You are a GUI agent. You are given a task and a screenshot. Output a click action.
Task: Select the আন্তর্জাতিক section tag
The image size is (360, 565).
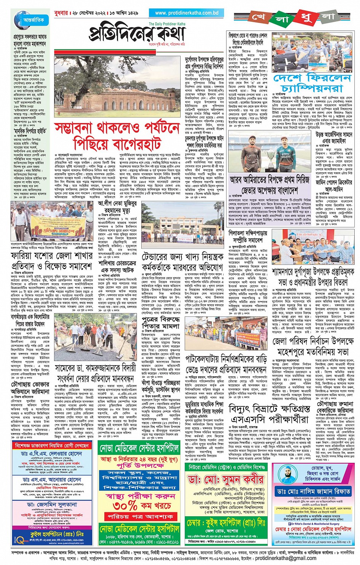coord(34,20)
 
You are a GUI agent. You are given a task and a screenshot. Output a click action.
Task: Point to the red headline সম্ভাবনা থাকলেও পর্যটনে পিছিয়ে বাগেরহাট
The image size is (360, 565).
coord(117,136)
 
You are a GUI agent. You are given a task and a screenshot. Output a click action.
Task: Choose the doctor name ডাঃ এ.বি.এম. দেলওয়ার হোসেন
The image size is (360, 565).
coord(51,454)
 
